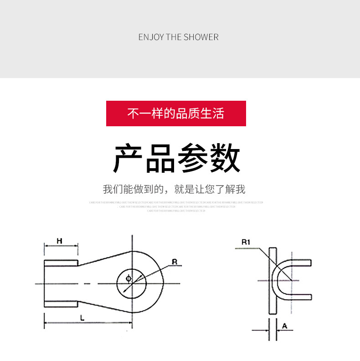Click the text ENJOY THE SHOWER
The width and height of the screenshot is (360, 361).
click(x=178, y=37)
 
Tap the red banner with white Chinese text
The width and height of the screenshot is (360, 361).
click(x=176, y=113)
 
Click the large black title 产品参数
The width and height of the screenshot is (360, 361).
click(x=176, y=158)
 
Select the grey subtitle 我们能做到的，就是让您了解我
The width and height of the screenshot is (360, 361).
click(x=174, y=189)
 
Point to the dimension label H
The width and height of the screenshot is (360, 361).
click(x=59, y=240)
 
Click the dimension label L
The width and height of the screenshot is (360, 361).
click(x=82, y=319)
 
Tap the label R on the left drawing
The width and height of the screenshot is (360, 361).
click(x=174, y=262)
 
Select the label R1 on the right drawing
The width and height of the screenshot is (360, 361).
click(x=246, y=242)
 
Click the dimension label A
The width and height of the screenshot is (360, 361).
click(x=284, y=325)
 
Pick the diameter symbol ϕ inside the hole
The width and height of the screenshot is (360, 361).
click(x=128, y=278)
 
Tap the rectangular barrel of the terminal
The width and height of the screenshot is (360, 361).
click(x=61, y=283)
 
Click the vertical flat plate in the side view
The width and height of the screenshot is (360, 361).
click(x=273, y=280)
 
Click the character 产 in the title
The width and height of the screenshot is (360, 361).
click(x=129, y=158)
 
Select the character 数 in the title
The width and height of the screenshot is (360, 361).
click(x=225, y=158)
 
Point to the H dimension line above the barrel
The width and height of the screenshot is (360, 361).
click(x=61, y=246)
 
